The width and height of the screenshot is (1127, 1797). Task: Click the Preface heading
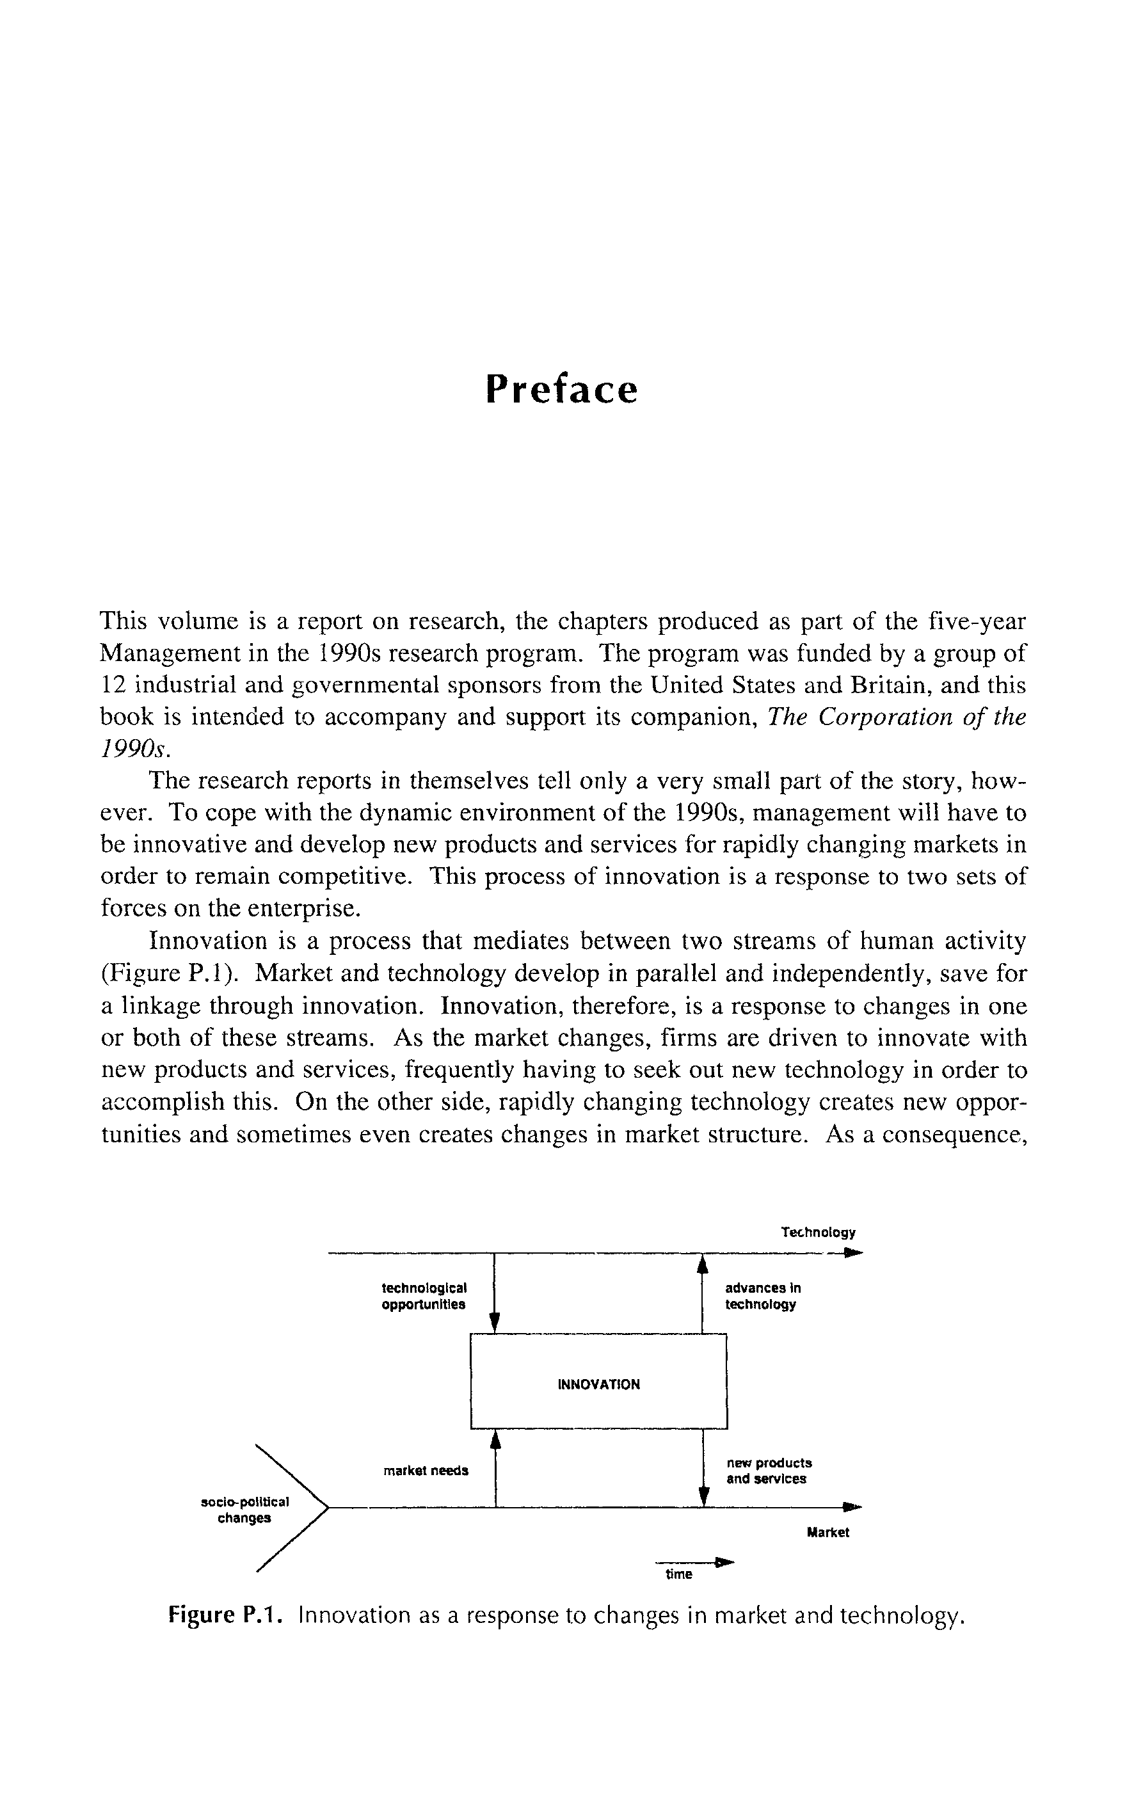[x=561, y=389]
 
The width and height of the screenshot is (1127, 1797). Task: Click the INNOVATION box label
[x=598, y=1384]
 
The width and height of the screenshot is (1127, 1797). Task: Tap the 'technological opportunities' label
[x=424, y=1295]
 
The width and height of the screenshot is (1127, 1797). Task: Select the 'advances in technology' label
[x=762, y=1295]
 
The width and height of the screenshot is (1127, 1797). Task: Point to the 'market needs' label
[x=426, y=1471]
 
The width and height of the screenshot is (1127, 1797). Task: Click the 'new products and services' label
[x=769, y=1471]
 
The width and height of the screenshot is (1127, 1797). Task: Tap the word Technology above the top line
[x=818, y=1232]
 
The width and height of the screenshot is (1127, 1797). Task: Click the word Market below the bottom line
[x=827, y=1533]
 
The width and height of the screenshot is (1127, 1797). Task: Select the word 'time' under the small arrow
[x=678, y=1574]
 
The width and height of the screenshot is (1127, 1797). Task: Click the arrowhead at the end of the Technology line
[x=854, y=1253]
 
